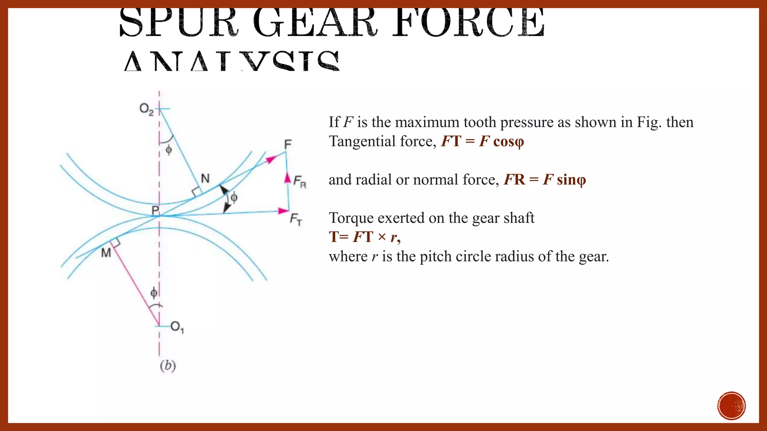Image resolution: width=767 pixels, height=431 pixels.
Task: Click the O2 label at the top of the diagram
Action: coord(146,109)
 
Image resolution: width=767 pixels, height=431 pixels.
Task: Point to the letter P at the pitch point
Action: coord(155,211)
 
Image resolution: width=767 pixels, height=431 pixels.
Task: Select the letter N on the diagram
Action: coord(205,178)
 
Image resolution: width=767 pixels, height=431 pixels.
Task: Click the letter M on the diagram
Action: coord(106,253)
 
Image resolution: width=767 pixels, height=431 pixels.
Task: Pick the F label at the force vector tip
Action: coord(288,144)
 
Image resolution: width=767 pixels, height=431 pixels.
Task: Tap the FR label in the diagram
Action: coord(300,182)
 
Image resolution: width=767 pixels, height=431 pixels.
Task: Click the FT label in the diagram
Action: coord(296,219)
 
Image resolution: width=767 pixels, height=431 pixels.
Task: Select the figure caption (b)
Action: coord(168,366)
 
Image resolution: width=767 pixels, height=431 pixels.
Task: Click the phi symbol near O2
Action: coord(169,150)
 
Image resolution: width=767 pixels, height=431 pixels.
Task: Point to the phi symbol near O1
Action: coord(154,293)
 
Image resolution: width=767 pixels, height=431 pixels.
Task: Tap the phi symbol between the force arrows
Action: coord(234,197)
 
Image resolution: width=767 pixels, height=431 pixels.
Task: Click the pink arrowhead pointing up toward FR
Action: coord(287,177)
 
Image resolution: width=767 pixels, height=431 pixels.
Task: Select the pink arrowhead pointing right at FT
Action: coord(284,211)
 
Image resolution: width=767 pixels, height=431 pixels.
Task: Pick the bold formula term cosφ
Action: coord(509,141)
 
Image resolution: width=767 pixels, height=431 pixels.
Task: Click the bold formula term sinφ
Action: coord(571,180)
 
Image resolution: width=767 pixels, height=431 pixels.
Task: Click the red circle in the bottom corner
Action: coord(731,406)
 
